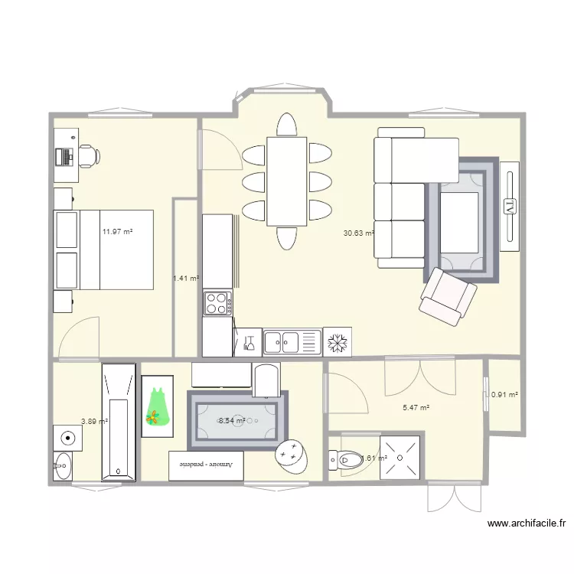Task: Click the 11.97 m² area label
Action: (x=118, y=231)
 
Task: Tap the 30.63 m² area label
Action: (x=359, y=233)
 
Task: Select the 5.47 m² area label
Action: (x=416, y=409)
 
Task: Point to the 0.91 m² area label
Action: (x=504, y=395)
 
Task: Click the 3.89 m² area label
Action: (x=94, y=421)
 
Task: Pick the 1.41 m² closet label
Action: (x=186, y=279)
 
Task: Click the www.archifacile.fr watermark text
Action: (x=526, y=524)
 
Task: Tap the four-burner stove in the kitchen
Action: (x=217, y=304)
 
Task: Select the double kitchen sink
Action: (x=291, y=342)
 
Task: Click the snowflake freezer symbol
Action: (x=337, y=342)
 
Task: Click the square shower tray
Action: (x=400, y=458)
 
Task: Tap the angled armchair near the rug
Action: (x=448, y=295)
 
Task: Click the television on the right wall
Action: (x=510, y=205)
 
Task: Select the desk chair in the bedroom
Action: (x=88, y=155)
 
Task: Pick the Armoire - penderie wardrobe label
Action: (x=206, y=465)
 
